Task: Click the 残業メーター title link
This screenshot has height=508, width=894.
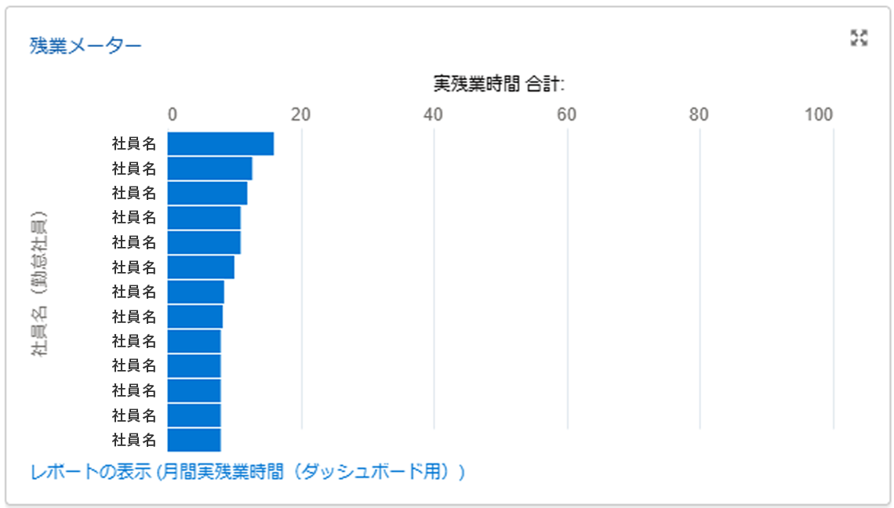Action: [x=85, y=45]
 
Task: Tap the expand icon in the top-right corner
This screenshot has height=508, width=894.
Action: [x=859, y=38]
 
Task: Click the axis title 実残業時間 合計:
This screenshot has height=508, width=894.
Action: [x=500, y=83]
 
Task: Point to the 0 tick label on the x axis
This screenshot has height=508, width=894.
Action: [x=173, y=114]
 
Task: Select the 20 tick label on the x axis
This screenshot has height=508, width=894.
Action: [x=301, y=114]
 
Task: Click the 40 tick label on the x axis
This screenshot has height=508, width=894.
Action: [x=434, y=114]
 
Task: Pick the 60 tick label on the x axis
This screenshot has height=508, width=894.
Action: [x=566, y=114]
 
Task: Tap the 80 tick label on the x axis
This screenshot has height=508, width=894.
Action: [x=699, y=114]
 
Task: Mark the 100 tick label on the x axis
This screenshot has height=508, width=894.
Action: [x=819, y=114]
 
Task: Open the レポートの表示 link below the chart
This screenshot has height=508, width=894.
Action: [x=248, y=472]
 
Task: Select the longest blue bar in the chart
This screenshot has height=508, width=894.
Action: [x=220, y=144]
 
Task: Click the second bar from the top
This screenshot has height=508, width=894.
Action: [x=209, y=169]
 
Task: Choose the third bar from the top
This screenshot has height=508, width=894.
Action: [x=207, y=193]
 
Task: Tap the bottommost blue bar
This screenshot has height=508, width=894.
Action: [x=194, y=440]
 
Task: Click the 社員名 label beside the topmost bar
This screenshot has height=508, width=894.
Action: [x=134, y=144]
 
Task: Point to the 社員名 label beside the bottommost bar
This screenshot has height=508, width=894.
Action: [x=134, y=440]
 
